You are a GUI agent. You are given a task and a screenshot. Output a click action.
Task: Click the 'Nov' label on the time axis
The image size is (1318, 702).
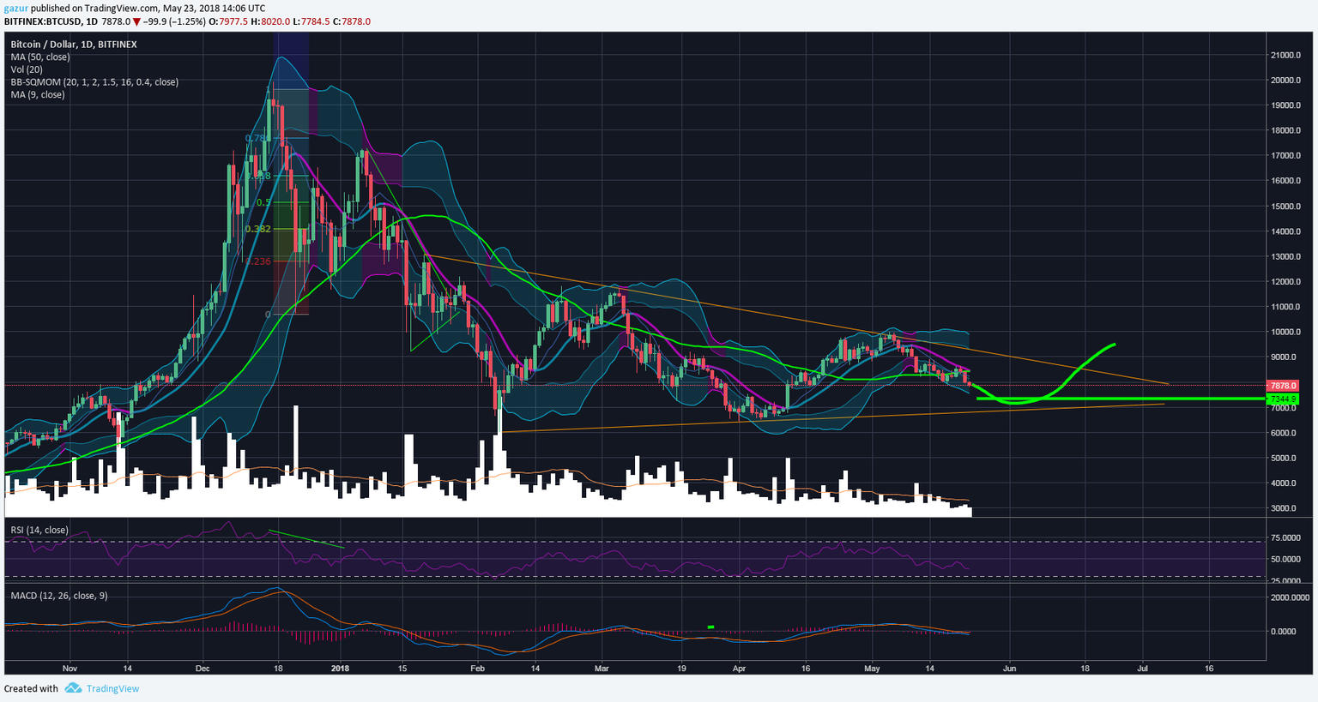(x=70, y=669)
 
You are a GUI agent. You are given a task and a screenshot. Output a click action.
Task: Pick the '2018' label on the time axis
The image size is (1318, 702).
(x=341, y=669)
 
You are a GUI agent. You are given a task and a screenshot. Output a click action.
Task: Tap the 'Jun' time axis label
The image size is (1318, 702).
(x=1010, y=669)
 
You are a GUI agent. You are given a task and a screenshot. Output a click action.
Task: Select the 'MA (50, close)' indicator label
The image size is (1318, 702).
(x=40, y=57)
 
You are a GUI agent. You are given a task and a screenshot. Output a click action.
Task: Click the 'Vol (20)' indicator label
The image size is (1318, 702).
(x=27, y=69)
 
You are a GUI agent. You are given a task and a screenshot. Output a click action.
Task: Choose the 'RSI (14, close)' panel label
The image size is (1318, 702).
(x=39, y=531)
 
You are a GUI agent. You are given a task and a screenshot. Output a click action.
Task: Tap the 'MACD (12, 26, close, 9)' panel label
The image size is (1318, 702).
(x=59, y=596)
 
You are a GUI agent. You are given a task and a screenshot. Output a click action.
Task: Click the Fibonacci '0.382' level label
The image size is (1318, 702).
(x=257, y=229)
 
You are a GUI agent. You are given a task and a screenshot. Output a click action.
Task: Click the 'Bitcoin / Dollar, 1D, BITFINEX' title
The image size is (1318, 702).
(x=74, y=45)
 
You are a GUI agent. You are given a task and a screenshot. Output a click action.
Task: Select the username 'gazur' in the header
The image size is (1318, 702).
(x=15, y=8)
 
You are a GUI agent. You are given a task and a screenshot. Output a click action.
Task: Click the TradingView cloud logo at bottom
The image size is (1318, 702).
(x=73, y=688)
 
